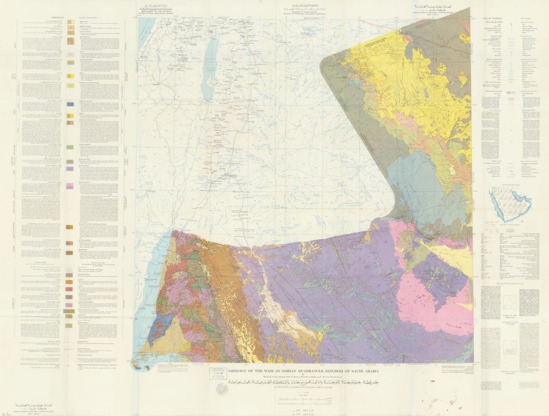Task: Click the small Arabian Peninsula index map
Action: [x=510, y=203]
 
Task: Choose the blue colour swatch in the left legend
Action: [x=70, y=104]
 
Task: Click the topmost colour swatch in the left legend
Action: [x=71, y=22]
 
